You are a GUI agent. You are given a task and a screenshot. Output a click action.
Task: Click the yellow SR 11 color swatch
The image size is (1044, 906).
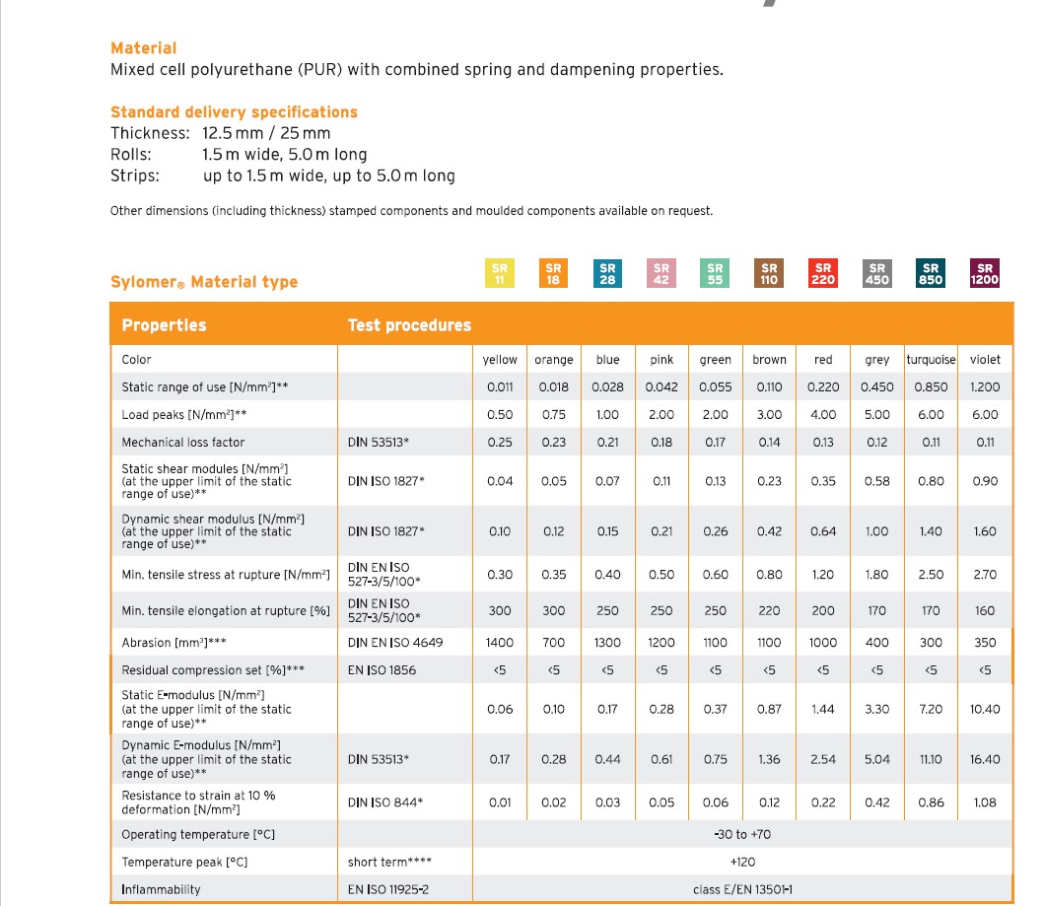(500, 273)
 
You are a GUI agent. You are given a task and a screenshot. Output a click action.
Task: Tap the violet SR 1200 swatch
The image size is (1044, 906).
(984, 273)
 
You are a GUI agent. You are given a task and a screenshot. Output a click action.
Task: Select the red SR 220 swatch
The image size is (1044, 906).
(822, 273)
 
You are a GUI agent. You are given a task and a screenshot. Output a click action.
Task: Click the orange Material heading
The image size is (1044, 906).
(144, 48)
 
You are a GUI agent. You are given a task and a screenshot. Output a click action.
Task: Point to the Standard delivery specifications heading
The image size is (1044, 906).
(234, 112)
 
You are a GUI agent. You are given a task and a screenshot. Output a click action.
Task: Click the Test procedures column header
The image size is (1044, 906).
(409, 325)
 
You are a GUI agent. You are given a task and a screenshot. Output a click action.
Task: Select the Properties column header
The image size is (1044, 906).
(164, 325)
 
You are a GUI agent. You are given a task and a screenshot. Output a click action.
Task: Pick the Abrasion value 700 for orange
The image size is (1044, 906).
(554, 643)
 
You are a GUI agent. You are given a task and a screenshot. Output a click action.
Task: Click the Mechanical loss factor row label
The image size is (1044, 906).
(183, 443)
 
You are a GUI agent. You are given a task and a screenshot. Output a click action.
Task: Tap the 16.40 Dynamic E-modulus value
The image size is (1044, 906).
(985, 760)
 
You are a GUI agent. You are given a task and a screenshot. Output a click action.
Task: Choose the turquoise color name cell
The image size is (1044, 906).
(931, 360)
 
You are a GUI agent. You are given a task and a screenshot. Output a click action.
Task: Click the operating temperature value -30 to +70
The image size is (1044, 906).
(742, 835)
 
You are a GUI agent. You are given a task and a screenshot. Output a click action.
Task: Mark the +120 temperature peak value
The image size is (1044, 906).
(742, 863)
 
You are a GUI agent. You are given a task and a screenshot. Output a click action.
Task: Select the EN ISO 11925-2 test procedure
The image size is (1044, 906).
(388, 890)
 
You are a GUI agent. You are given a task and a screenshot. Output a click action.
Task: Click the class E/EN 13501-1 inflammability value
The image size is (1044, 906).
(742, 890)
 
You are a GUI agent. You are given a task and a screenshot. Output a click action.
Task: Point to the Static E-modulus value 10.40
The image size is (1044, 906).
(985, 710)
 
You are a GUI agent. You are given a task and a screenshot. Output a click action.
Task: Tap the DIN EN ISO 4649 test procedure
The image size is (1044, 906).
(395, 643)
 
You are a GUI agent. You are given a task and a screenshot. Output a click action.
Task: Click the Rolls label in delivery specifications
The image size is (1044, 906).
(131, 155)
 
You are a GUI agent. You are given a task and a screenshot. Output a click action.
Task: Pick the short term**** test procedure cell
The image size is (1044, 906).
(389, 863)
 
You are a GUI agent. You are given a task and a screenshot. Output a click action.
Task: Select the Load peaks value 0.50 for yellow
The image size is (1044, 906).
(500, 415)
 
